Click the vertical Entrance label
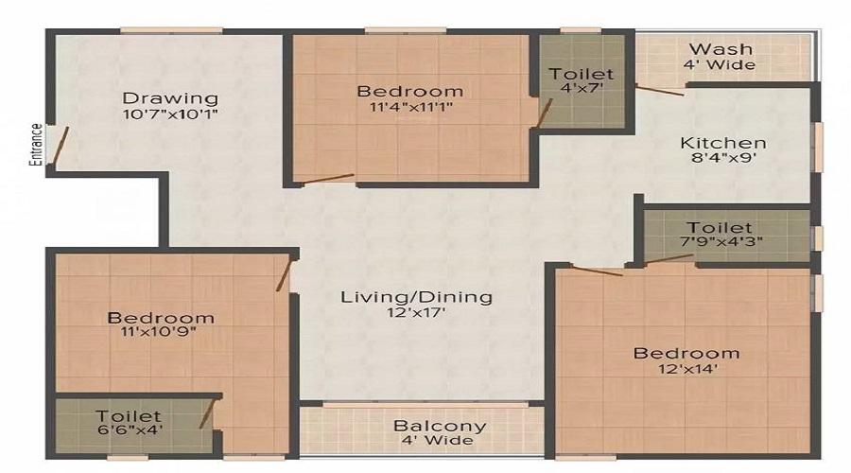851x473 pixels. coord(37,144)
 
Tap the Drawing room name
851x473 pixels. coord(170,97)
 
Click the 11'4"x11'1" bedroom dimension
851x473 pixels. coord(410,109)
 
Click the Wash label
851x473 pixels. coord(721,48)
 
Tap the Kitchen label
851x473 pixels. coord(723,143)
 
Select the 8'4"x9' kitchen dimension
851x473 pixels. coord(723,159)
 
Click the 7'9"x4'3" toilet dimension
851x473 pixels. coord(721,242)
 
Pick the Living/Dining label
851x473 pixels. coord(417,296)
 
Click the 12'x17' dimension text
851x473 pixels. coord(417,313)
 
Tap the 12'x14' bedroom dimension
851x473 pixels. coord(686,370)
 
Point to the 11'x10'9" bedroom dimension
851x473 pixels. coord(161,334)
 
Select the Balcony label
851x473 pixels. coord(440,426)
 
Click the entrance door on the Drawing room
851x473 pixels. coord(59,145)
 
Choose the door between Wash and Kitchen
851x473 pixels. coord(659,91)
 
